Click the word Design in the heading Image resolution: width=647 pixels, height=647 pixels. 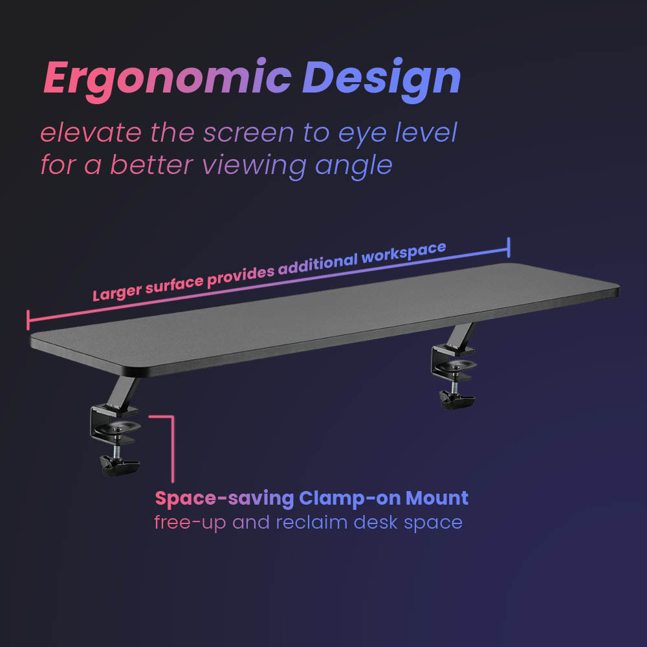click(x=382, y=80)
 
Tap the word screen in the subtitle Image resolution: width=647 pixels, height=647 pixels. click(x=248, y=133)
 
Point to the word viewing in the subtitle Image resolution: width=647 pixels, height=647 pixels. click(x=254, y=166)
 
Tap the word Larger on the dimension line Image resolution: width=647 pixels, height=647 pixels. click(x=117, y=292)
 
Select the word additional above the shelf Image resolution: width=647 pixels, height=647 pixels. click(x=317, y=265)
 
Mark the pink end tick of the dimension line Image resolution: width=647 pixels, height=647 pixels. click(x=28, y=320)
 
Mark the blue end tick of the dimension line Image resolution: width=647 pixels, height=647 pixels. click(x=509, y=247)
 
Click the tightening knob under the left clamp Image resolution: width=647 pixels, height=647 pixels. click(x=120, y=465)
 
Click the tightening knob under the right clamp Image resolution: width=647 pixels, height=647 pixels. click(x=456, y=399)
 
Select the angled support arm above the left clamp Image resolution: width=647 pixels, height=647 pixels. click(x=122, y=391)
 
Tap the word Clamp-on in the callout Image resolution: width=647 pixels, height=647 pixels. click(x=349, y=498)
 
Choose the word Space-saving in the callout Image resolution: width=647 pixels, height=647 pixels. click(x=225, y=498)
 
